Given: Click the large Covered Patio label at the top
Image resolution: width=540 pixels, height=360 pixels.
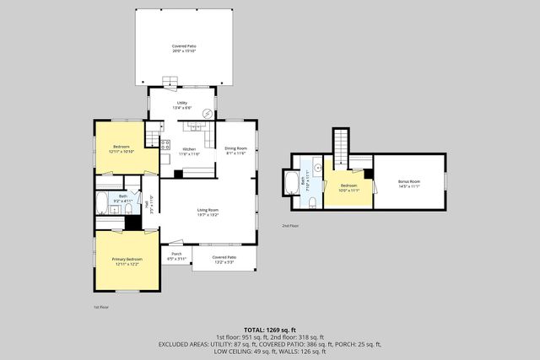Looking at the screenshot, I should [184, 48].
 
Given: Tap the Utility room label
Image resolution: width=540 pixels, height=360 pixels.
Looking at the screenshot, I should [181, 104].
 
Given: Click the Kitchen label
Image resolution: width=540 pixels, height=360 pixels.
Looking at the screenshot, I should [190, 151].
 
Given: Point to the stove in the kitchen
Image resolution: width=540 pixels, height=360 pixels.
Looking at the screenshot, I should [165, 144].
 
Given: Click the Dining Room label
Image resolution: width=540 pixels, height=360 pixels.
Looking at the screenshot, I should [235, 151].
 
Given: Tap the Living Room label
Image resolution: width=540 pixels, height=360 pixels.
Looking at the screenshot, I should [208, 212].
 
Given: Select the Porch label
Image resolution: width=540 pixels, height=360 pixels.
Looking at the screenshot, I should [176, 255].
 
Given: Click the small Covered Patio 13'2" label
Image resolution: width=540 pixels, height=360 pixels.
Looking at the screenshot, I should [224, 259].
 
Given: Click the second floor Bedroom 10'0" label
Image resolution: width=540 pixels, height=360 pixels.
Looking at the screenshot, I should [349, 187].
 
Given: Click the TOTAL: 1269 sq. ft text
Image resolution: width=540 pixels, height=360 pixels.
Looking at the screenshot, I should [269, 329].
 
